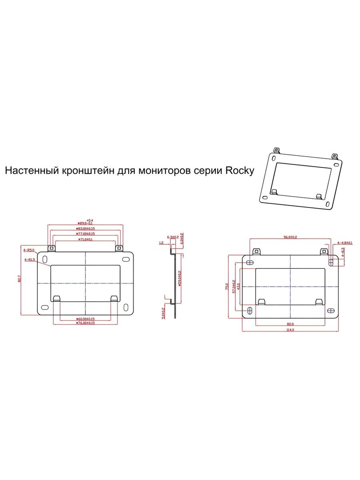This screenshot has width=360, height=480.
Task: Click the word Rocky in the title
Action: (240, 170)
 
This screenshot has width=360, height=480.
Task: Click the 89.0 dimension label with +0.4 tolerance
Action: (85, 223)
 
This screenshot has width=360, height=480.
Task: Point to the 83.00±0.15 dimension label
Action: (85, 229)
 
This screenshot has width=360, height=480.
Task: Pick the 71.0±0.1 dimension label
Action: (85, 239)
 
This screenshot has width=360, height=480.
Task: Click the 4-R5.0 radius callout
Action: (29, 250)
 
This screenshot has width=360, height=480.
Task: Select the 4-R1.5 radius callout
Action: (30, 259)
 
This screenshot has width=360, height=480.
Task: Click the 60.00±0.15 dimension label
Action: (85, 319)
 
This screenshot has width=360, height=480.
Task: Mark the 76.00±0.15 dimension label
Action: (85, 323)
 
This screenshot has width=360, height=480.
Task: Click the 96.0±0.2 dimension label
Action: (290, 237)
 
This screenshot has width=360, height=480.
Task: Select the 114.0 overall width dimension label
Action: (290, 330)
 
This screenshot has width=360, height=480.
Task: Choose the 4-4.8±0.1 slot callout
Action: (345, 243)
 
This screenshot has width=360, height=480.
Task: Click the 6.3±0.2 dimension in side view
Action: (172, 237)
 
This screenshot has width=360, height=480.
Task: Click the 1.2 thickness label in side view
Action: (161, 243)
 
